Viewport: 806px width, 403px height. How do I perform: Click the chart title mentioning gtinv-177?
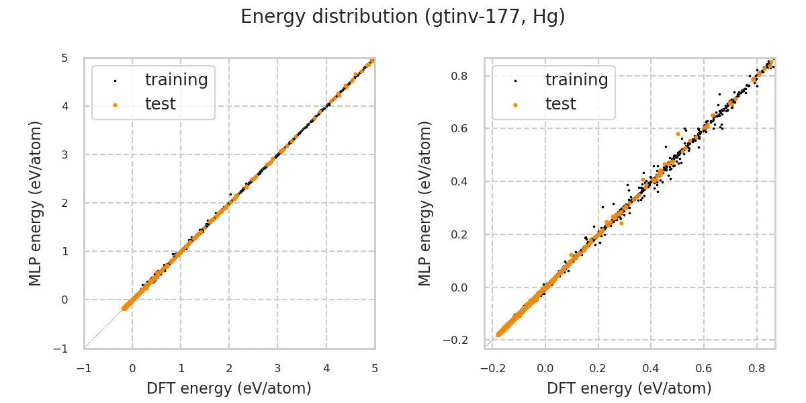coord(403,17)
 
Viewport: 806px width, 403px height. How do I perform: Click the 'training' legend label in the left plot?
coord(176,80)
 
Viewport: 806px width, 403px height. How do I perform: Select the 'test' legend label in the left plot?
coord(160,104)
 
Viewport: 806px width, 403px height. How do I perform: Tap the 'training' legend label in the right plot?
coord(576,80)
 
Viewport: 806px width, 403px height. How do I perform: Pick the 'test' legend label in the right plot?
coord(560,104)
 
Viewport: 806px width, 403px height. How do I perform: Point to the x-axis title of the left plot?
coord(229,388)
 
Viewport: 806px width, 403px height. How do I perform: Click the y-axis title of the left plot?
coord(36,203)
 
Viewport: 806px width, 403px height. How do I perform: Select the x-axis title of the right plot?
coord(629,388)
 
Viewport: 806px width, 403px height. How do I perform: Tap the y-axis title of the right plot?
coord(425,203)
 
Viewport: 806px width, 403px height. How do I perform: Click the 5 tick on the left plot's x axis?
coord(375,368)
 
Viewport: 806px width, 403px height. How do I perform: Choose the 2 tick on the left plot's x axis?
coord(229,368)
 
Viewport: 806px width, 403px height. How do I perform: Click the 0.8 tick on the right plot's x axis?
coord(756,368)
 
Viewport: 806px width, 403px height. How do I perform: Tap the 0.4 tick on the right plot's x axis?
coord(651,368)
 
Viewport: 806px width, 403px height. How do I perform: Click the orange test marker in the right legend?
coord(515,105)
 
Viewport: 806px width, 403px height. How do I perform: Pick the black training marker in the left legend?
coord(115,81)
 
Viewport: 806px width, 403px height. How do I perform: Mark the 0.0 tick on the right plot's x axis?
coord(545,368)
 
